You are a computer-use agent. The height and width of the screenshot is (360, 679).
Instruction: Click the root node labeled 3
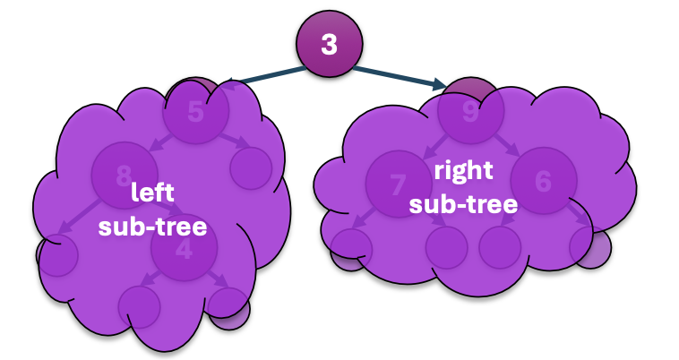coord(330,44)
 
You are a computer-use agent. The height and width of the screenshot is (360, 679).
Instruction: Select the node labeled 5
coord(196,112)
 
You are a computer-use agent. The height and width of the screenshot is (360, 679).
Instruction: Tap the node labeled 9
coord(471,112)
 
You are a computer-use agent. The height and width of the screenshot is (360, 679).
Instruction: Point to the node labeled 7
coord(399,184)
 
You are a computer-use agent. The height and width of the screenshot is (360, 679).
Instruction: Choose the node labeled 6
coord(544,180)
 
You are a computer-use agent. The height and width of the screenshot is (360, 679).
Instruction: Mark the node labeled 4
coord(184,251)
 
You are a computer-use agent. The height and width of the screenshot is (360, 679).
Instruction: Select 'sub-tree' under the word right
coord(463,204)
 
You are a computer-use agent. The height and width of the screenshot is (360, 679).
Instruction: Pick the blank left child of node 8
coord(56,256)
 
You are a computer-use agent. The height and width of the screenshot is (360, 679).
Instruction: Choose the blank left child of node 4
coord(139,306)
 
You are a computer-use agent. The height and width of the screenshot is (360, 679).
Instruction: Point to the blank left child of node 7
coord(351,247)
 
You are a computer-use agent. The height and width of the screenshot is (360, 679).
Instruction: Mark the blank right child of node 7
coord(446,248)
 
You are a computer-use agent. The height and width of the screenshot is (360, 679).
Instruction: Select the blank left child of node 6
coord(500,247)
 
